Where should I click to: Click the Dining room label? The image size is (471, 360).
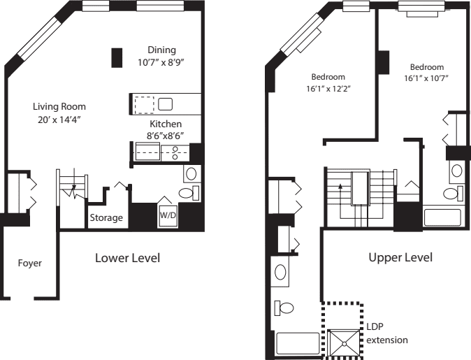(x=161, y=50)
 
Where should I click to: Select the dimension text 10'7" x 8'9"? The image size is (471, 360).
(x=161, y=62)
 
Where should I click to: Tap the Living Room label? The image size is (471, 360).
(x=59, y=107)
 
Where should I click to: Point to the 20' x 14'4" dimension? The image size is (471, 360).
(x=59, y=120)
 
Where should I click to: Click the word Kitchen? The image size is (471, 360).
(x=165, y=124)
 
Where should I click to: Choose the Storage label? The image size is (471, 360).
(x=106, y=218)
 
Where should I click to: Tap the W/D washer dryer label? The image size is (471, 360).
(x=168, y=215)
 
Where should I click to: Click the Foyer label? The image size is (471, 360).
(x=29, y=264)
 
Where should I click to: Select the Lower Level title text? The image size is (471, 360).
(x=127, y=258)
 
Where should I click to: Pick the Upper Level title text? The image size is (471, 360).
(x=400, y=257)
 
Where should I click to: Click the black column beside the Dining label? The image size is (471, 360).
(x=117, y=57)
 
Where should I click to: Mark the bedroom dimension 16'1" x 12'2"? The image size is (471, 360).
(x=327, y=89)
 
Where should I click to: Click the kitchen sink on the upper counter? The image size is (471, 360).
(x=166, y=105)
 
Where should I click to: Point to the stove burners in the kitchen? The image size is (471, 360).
(x=175, y=152)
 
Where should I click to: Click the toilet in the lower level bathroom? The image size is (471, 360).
(x=187, y=193)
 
